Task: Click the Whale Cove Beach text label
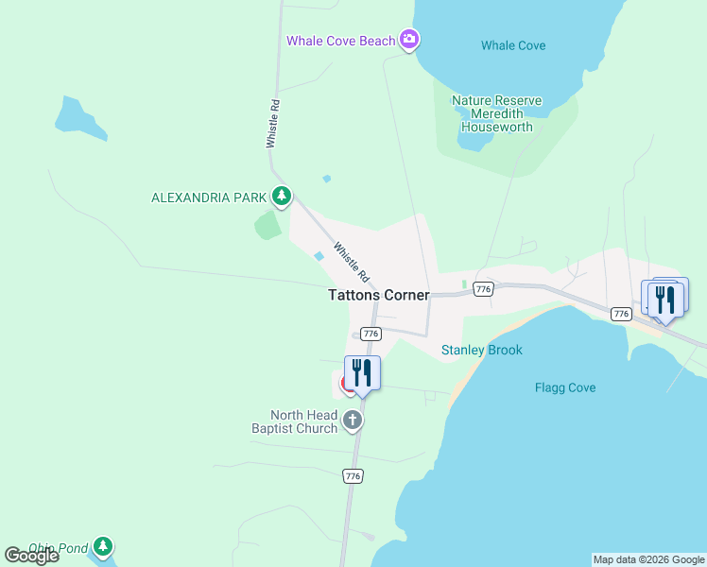341,41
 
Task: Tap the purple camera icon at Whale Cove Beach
409,40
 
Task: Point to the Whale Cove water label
513,45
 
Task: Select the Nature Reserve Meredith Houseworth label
496,113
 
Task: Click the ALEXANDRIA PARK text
209,198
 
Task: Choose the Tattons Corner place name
378,295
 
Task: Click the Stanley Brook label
482,351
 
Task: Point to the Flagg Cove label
565,387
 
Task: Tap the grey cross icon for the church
353,421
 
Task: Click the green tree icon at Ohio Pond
103,546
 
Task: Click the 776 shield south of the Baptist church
353,476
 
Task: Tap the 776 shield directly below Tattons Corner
371,334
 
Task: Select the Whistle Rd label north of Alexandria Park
273,123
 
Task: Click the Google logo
31,556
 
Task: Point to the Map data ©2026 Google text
648,559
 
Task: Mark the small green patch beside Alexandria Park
268,225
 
